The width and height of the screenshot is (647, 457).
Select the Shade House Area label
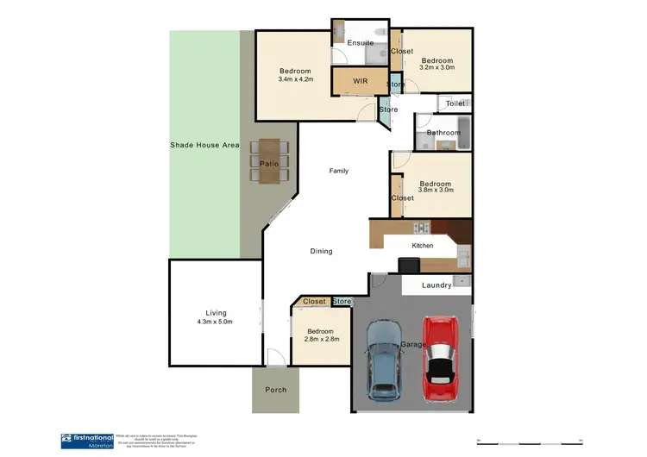point(204,145)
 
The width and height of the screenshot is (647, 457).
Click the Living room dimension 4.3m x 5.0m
point(215,322)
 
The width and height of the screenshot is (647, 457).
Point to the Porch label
point(275,390)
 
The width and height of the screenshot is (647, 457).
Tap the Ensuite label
point(361,42)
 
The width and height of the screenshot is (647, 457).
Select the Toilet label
point(455,103)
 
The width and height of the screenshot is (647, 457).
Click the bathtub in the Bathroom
point(462,132)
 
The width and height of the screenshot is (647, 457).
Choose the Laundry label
point(437,285)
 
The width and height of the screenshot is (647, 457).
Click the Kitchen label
point(422,246)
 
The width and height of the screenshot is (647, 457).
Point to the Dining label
point(321,251)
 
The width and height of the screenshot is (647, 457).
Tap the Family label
point(339,171)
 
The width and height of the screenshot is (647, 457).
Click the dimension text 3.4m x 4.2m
point(295,79)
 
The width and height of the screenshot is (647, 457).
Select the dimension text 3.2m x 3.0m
point(437,67)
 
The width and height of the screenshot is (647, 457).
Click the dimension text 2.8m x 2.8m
point(322,339)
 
